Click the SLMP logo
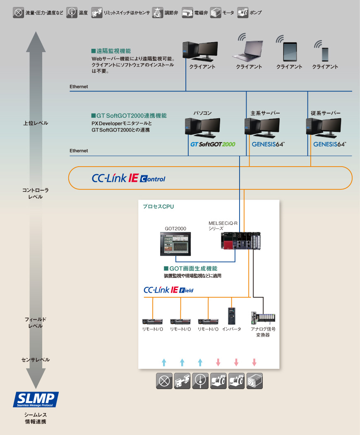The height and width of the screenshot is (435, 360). [x=36, y=399]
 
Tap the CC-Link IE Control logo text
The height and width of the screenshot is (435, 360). [x=128, y=178]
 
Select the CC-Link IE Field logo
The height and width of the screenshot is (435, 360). [x=168, y=290]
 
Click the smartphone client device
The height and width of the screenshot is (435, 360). [x=325, y=54]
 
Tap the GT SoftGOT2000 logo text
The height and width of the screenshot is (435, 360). [x=213, y=144]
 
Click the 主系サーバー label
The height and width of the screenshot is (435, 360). [x=265, y=113]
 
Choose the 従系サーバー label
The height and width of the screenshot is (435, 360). [x=326, y=113]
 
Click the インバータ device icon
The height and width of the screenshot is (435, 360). [x=232, y=316]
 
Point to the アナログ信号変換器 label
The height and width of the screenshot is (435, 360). [x=263, y=332]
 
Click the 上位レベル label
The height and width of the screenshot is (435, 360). [x=36, y=123]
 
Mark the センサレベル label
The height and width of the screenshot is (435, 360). [x=36, y=360]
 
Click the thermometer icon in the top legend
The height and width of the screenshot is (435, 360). [x=72, y=12]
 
